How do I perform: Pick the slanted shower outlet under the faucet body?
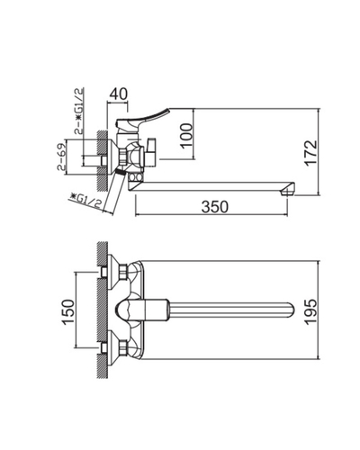pos(115,184)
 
